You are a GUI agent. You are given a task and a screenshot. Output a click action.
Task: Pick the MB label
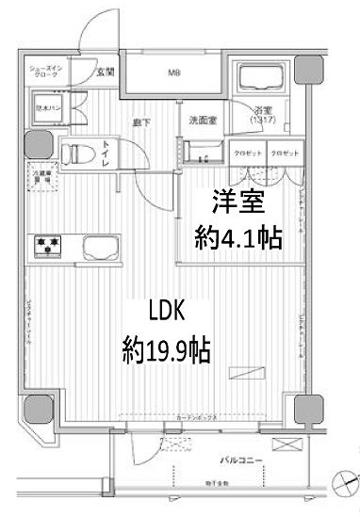174,72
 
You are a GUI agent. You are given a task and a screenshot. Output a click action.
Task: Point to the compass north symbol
346,482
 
